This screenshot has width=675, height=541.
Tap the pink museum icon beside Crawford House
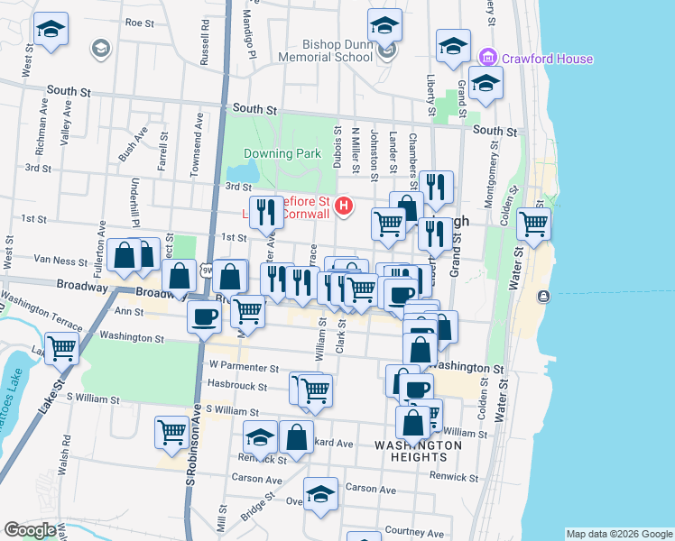point(489,59)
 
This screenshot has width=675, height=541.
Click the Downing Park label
point(282,153)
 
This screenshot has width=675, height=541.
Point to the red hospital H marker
point(343,206)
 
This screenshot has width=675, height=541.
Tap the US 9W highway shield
point(207,270)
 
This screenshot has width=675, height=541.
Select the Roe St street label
point(141,23)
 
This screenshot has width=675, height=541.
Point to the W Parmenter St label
point(244,367)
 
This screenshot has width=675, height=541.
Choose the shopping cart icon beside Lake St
point(61,347)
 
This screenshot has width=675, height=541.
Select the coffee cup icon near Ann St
point(205,316)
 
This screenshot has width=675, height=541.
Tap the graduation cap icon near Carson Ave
point(319,494)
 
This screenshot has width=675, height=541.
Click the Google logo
point(30,530)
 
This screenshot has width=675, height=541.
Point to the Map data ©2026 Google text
point(618,534)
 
